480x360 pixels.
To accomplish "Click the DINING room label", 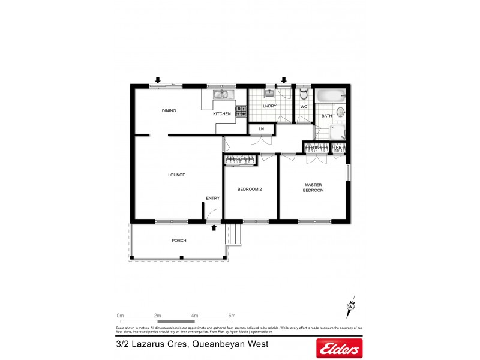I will [x=169, y=110].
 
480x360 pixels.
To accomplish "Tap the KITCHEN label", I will [x=221, y=113].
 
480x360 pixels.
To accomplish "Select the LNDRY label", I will [x=270, y=106].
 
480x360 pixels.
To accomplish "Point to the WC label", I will [x=304, y=107].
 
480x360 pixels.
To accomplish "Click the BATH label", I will [x=327, y=116].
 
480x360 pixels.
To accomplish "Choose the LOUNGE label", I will [x=176, y=175].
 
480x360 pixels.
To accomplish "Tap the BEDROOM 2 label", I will [x=250, y=190].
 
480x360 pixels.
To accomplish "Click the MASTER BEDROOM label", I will [x=314, y=187].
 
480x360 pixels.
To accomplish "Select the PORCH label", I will [x=179, y=241].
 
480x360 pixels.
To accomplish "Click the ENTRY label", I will [x=213, y=199].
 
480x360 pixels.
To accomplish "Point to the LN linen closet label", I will [x=261, y=129].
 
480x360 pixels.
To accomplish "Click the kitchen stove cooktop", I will [x=241, y=111].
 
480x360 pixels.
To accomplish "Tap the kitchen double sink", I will [x=220, y=94].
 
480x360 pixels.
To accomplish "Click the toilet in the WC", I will [x=304, y=94].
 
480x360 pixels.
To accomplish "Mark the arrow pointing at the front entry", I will [x=214, y=228].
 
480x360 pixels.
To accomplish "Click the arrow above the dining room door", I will [x=158, y=80].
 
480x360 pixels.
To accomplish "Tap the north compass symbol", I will [x=350, y=308].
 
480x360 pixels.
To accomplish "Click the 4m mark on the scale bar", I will [x=194, y=315].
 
